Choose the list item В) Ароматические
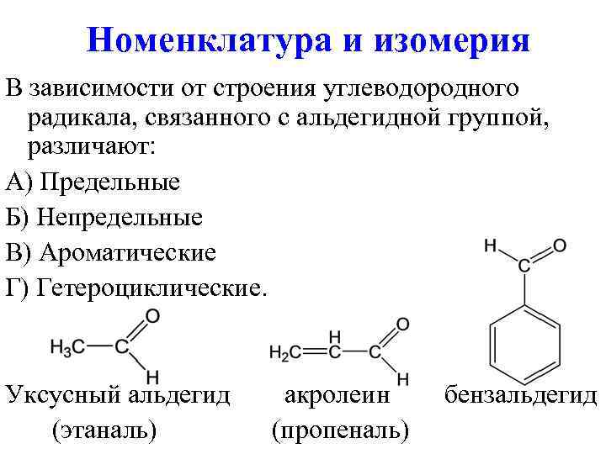(x=110, y=253)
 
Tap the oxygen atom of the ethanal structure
(x=152, y=317)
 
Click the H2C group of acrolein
(x=285, y=353)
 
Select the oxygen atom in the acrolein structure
(x=402, y=324)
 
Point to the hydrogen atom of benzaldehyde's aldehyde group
(x=491, y=245)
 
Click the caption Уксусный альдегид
(x=118, y=394)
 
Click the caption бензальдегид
(x=520, y=394)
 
